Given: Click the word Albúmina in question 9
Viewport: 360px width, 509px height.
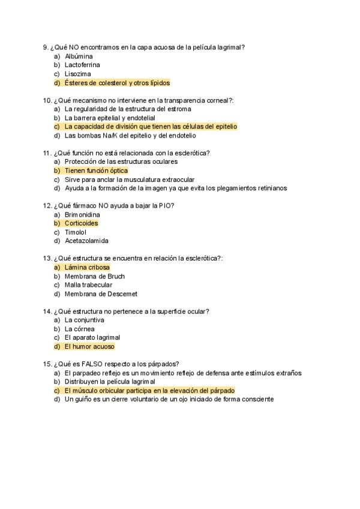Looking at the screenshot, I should [79, 56].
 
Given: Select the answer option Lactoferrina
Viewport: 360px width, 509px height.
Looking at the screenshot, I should [82, 65].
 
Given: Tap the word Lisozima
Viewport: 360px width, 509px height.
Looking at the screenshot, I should [78, 74].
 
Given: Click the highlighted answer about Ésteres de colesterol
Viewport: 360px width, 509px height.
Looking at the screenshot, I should [117, 83].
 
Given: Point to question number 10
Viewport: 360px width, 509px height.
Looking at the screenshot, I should [47, 100].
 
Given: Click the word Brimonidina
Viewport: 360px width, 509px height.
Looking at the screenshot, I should [82, 214].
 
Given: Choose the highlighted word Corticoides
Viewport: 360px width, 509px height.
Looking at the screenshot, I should [81, 223].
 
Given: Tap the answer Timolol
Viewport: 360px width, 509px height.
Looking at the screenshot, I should [76, 232].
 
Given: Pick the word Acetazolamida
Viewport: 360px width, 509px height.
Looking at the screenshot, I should [86, 241].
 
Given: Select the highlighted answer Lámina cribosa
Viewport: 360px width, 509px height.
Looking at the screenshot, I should [87, 267].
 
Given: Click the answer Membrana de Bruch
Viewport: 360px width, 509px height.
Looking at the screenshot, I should [95, 276].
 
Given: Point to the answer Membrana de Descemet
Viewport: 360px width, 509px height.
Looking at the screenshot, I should [101, 294].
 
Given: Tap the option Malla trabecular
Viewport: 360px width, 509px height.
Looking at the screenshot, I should [88, 285].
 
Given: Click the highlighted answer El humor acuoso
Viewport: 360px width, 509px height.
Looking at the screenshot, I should [89, 346].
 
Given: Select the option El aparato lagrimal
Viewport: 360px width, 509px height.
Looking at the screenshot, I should [92, 338].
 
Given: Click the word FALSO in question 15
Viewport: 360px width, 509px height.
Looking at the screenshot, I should [94, 364].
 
